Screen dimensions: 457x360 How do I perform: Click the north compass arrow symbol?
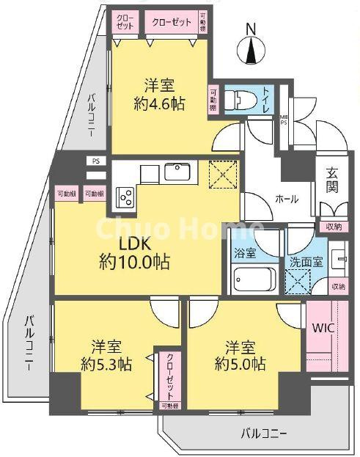pos(251,51)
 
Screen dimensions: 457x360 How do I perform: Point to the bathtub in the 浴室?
pos(254,279)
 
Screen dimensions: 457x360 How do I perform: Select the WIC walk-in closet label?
pos(323,328)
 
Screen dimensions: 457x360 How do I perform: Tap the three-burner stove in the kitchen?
pos(125,196)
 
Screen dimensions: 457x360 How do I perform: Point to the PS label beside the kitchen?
pos(95,161)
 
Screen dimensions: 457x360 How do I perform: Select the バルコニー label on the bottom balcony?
pos(264,432)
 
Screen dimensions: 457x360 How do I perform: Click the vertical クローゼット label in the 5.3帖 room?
pos(169,373)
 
